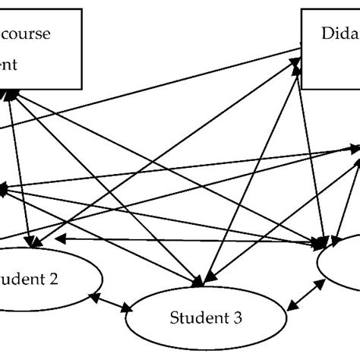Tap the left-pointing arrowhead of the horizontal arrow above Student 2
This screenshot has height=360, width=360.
(58, 239)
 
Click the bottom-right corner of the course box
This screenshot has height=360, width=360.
(81, 87)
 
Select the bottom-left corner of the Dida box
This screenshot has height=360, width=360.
(302, 87)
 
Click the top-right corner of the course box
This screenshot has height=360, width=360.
(81, 9)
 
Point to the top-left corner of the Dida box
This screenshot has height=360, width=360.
(302, 9)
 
